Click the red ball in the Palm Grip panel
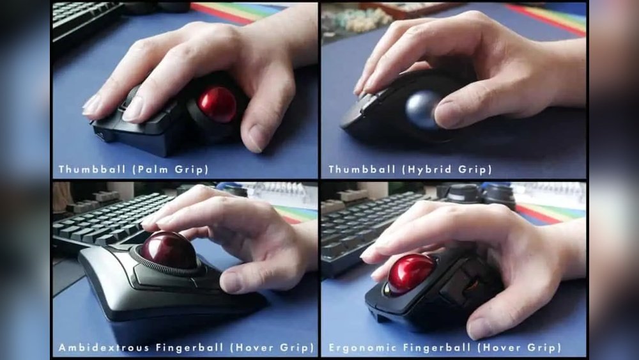[217, 104]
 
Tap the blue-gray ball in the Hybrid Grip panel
[423, 109]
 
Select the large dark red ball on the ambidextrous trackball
[168, 249]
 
